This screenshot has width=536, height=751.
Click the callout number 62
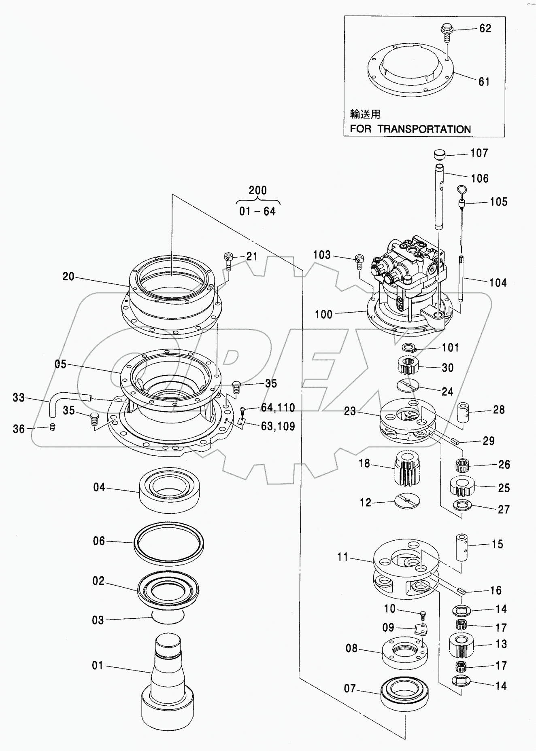pos(485,28)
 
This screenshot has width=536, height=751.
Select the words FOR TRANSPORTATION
pos(410,129)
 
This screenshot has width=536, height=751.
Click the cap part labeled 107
pos(439,154)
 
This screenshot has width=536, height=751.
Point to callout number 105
pos(498,202)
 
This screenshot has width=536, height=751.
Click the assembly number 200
pos(257,190)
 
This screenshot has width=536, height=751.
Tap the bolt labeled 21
pos(229,261)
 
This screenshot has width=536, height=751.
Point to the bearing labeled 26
pos(462,465)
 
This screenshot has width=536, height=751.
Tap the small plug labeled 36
pos(52,427)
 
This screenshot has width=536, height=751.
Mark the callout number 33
pos(19,398)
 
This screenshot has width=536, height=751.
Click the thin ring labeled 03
pos(168,616)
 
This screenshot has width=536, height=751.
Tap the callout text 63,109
pos(278,426)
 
